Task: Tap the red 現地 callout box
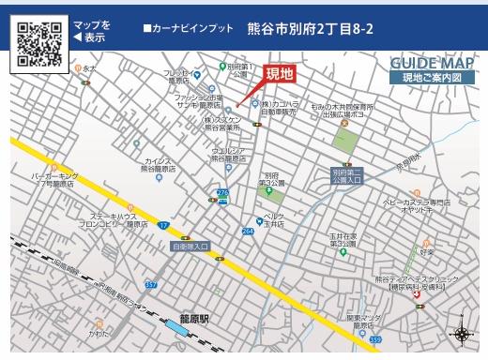coord(281,74)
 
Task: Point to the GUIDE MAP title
coord(433,63)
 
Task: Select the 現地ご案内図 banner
coord(433,78)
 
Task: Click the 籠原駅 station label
coord(195,319)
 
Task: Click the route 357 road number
coord(150,284)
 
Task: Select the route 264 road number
coord(248,231)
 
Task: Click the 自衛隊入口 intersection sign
coord(191,247)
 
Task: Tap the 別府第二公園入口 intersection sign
coord(346,175)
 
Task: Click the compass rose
coord(462,334)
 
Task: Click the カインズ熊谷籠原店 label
coord(158,165)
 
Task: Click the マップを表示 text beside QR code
coord(91,31)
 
